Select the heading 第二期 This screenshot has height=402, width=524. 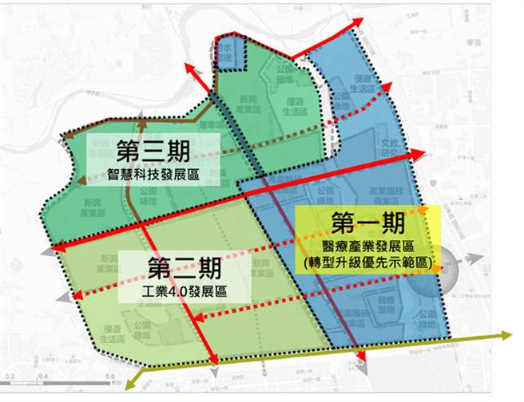click(x=177, y=266)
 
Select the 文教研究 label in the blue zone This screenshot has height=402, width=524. click(x=388, y=148)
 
